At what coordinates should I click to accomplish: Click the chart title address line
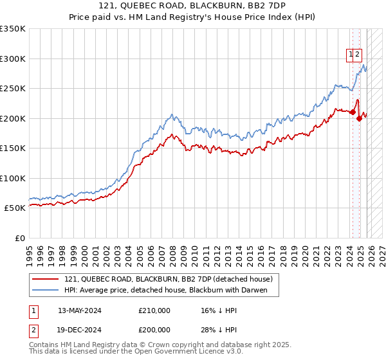tap(193, 6)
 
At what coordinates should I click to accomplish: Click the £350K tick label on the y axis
tap(13, 29)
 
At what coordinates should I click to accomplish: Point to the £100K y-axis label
tap(13, 178)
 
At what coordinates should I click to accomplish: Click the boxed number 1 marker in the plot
tap(351, 55)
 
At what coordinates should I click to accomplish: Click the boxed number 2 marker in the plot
tap(358, 55)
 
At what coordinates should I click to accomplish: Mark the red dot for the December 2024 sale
tap(359, 118)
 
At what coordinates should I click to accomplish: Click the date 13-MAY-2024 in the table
tap(80, 310)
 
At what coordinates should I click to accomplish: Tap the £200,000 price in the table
tap(154, 330)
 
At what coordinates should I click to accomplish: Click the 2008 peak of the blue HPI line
tap(172, 115)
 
